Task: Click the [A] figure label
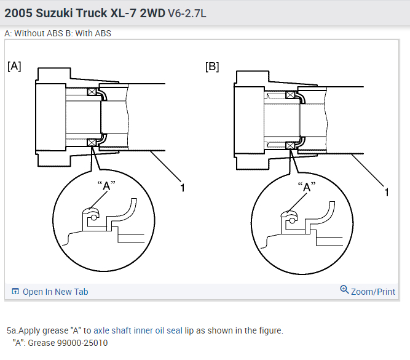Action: click(14, 66)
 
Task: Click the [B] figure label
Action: click(211, 66)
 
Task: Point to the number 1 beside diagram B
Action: click(387, 193)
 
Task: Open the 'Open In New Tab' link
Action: click(55, 292)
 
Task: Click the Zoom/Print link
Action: click(373, 292)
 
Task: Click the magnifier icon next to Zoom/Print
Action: click(344, 290)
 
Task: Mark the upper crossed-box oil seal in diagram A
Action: click(92, 92)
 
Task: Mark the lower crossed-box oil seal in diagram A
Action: click(92, 143)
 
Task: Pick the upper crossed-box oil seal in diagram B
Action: click(291, 95)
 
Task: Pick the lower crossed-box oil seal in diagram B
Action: click(291, 145)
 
